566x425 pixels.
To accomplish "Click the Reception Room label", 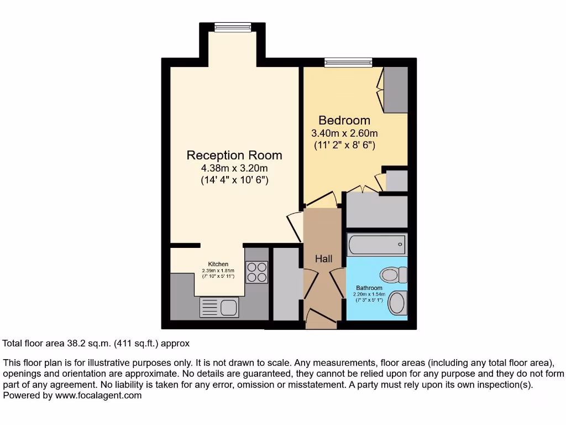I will click(x=234, y=156).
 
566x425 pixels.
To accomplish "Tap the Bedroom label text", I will click(x=344, y=120).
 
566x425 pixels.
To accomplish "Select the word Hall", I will click(x=323, y=258).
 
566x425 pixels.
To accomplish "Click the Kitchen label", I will click(x=218, y=264).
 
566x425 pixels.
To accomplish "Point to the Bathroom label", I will click(x=369, y=288).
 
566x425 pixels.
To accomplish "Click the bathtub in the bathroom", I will click(x=376, y=244).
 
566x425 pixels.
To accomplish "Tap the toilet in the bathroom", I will click(x=393, y=274).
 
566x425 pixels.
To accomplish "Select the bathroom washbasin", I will click(x=397, y=303).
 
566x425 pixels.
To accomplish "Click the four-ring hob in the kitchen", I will click(x=256, y=272).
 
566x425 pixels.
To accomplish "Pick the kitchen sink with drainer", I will click(x=219, y=307).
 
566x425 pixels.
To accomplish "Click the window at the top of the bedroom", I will click(x=348, y=62).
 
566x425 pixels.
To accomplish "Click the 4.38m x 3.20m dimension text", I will click(x=234, y=168).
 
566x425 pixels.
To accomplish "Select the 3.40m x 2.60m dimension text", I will click(x=344, y=133).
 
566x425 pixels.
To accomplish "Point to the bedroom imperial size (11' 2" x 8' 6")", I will click(x=344, y=145).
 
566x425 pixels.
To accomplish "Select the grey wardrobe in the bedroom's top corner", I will click(x=395, y=89).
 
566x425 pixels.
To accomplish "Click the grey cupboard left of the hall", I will click(x=285, y=284).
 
